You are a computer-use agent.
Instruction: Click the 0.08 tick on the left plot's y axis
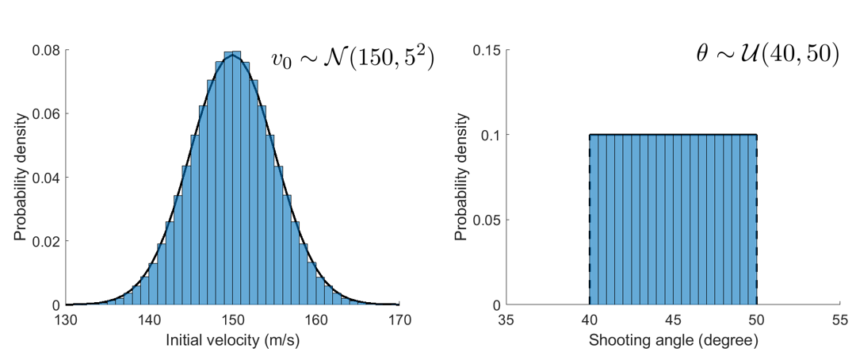coord(45,50)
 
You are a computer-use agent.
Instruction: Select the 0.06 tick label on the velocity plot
coord(45,113)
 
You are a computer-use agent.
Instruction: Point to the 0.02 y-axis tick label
coord(45,241)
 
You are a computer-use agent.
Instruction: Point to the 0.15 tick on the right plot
coord(486,50)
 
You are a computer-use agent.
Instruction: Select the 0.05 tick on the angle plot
coord(486,220)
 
